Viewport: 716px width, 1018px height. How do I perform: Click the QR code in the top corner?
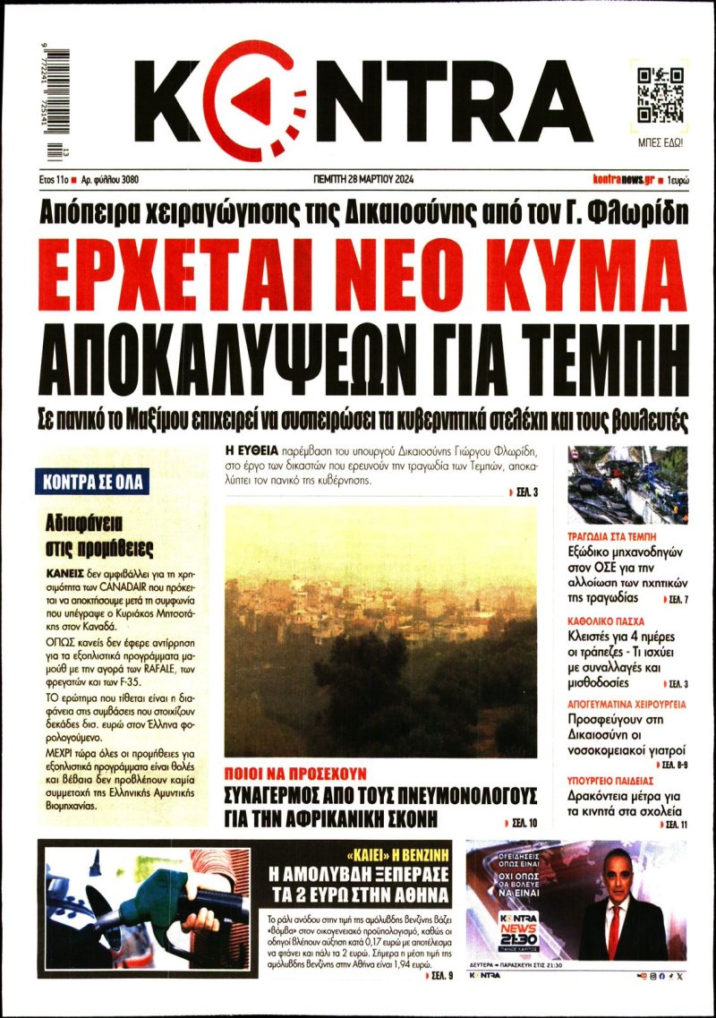click(661, 96)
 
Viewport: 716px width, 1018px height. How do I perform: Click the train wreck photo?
click(627, 484)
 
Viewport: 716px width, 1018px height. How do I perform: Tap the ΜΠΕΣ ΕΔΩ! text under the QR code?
click(661, 141)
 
